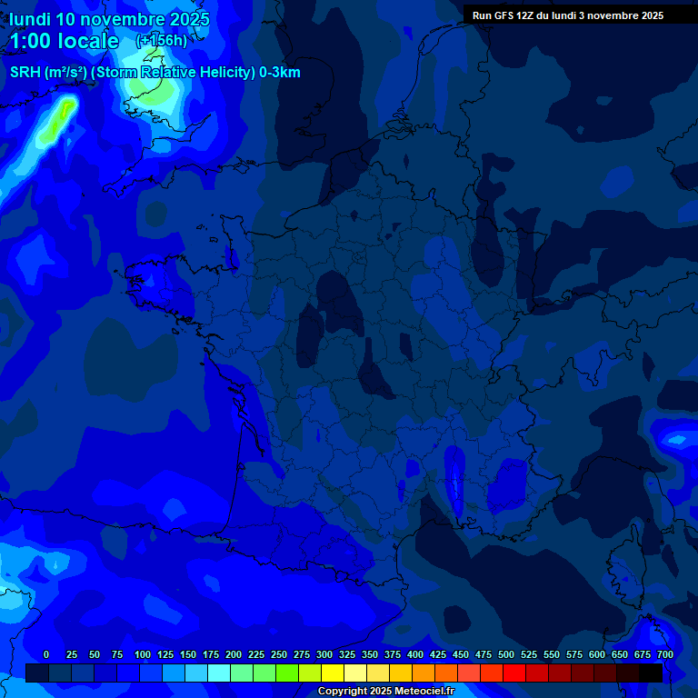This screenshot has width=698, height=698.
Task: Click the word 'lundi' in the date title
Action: click(29, 19)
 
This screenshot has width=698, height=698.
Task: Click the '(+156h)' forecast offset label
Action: click(162, 40)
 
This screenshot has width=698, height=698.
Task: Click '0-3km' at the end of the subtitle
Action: click(280, 73)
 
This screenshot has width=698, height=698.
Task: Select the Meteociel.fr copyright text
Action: click(385, 691)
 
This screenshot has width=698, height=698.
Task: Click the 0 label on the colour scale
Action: click(46, 654)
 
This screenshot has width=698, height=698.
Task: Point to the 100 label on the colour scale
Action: click(143, 654)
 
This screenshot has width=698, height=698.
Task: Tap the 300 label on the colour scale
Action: click(324, 654)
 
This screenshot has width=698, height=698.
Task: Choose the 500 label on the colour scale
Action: click(506, 654)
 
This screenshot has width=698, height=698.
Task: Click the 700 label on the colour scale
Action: click(665, 654)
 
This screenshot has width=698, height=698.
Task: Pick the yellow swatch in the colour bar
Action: click(333, 673)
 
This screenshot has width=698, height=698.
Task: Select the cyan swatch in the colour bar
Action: click(219, 673)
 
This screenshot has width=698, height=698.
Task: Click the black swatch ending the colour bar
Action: click(651, 673)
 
